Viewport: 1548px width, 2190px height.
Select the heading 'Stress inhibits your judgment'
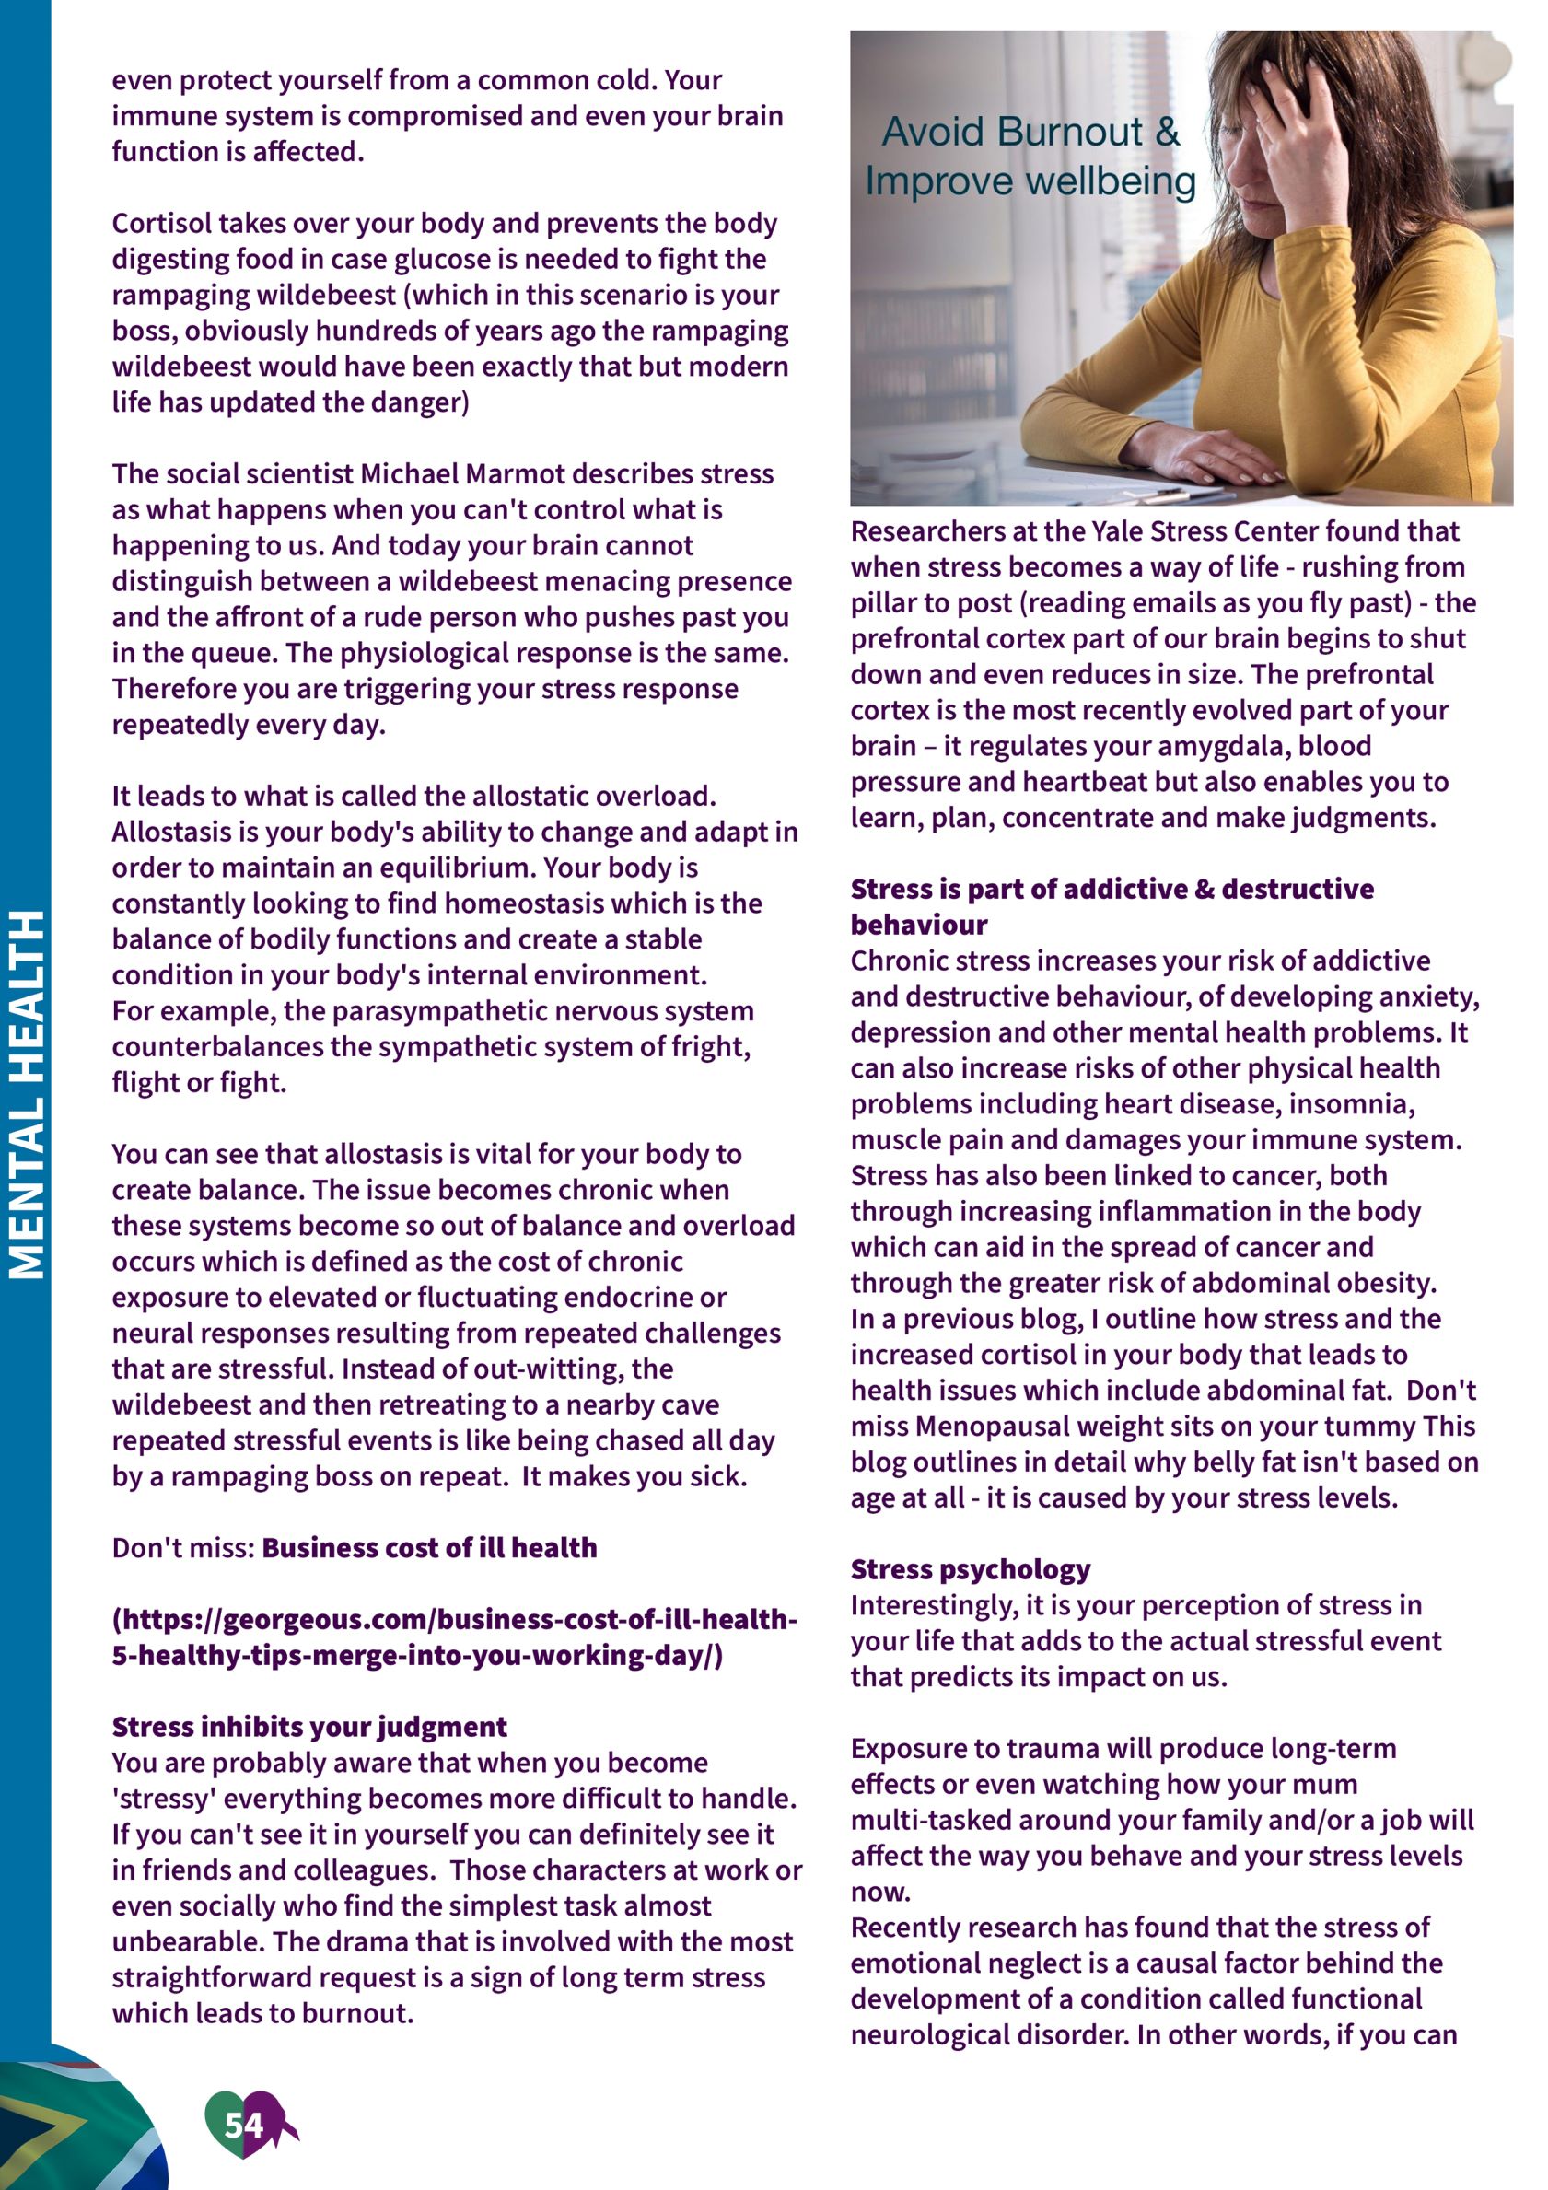(x=309, y=1727)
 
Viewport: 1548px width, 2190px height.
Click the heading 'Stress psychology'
(x=970, y=1569)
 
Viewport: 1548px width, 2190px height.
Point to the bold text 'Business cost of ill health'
(x=429, y=1547)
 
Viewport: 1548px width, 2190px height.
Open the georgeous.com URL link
(x=454, y=1637)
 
